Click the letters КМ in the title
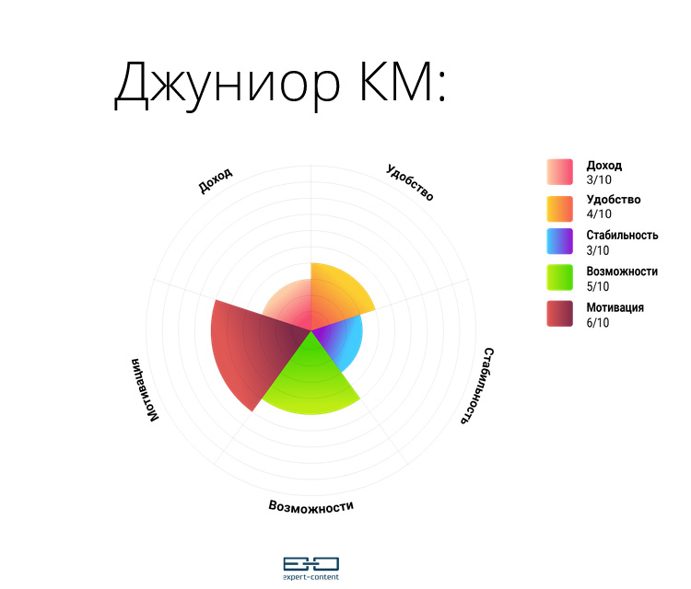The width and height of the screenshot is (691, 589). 396,82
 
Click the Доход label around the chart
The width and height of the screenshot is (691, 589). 215,180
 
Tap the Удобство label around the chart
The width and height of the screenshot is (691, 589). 410,182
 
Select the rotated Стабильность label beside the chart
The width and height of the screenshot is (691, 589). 477,386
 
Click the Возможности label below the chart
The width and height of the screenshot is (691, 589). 311,507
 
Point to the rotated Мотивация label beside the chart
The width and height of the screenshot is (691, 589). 145,390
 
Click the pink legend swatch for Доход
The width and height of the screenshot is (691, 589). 559,172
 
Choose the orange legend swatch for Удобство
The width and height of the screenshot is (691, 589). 559,209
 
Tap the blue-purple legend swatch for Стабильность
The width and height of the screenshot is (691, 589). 559,241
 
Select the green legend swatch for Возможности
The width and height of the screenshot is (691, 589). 559,277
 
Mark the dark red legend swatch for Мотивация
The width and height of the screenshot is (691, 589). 559,314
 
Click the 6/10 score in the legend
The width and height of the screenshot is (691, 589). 598,323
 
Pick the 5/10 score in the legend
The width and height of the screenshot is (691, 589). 598,286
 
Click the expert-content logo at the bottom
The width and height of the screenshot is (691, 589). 311,569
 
